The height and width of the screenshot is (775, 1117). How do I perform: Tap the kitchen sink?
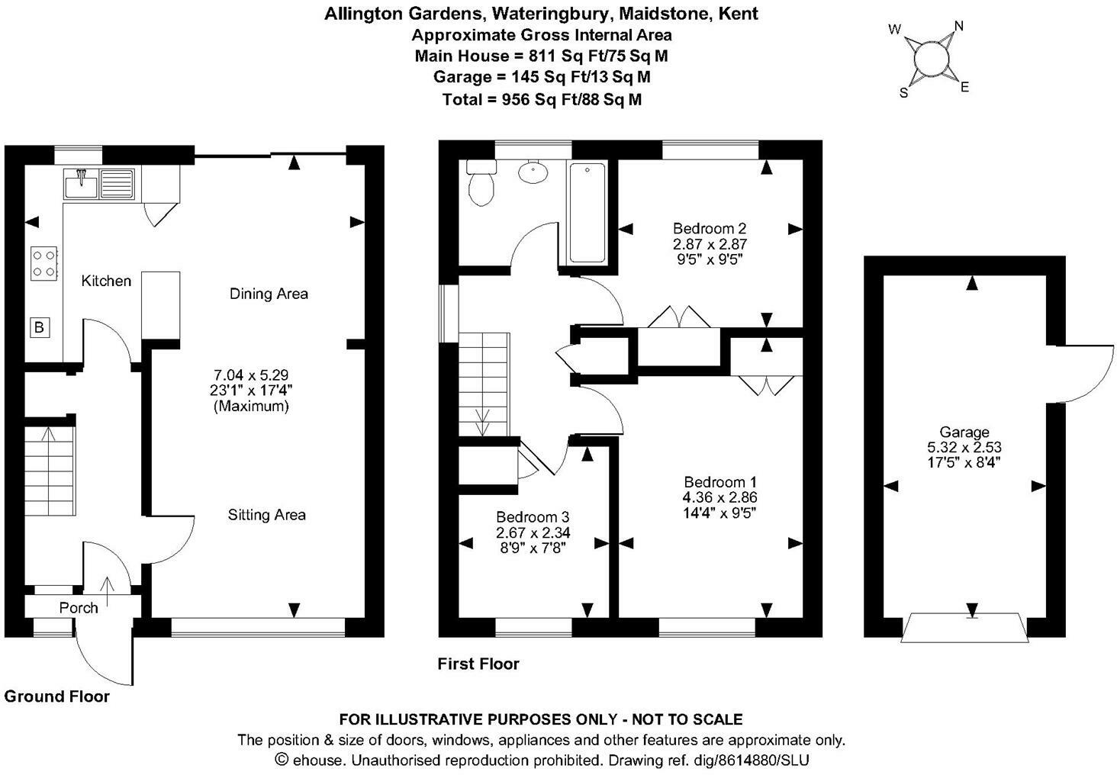click(100, 183)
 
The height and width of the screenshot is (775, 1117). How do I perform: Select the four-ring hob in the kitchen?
click(43, 262)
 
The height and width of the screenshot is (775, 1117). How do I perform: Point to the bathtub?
click(587, 212)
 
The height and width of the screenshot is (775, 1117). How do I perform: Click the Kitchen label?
click(106, 281)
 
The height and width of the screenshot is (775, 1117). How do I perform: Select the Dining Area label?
click(269, 294)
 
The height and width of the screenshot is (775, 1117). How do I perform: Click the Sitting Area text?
click(266, 515)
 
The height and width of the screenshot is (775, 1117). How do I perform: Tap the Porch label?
click(79, 608)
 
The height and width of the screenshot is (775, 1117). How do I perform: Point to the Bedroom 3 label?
click(533, 517)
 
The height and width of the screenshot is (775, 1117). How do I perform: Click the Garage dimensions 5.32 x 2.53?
click(964, 447)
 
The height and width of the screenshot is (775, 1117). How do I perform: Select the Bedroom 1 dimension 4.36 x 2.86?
click(720, 497)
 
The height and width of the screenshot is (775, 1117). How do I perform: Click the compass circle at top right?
click(929, 58)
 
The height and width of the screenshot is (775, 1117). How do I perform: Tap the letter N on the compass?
click(959, 27)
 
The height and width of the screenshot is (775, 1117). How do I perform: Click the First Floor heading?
click(478, 664)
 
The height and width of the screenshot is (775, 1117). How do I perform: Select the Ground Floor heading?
click(57, 696)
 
